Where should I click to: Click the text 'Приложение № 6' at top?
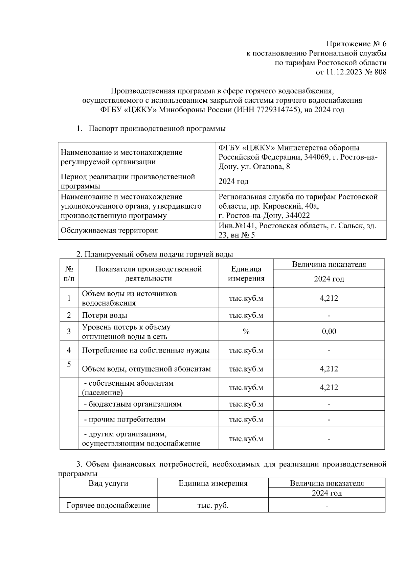coord(356,44)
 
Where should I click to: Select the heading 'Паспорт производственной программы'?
coord(157,129)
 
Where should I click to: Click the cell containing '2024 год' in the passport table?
coord(233,182)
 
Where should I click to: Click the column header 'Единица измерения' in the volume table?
coord(246,273)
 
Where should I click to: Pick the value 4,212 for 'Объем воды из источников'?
coord(329,298)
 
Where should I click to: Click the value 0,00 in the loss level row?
coord(329,331)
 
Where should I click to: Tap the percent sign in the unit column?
coord(246,332)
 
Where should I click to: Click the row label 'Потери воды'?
coord(105,315)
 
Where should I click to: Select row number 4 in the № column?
coord(69,350)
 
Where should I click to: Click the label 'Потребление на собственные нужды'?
coord(146,350)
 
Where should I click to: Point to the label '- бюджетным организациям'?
coord(133,404)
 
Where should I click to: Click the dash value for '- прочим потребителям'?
coord(329,420)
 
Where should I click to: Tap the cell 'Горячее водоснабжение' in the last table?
coord(108,505)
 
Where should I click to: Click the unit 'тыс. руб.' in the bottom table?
coord(213,506)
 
